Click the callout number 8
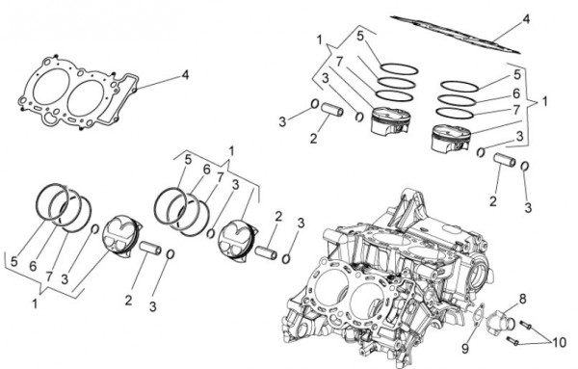pyautogui.click(x=523, y=300)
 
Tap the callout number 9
pyautogui.click(x=465, y=348)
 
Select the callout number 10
pyautogui.click(x=559, y=343)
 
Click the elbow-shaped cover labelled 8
pyautogui.click(x=499, y=323)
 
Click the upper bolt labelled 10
pyautogui.click(x=526, y=325)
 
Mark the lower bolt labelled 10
pyautogui.click(x=512, y=341)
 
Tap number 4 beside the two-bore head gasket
pyautogui.click(x=185, y=75)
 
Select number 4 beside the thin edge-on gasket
pyautogui.click(x=526, y=19)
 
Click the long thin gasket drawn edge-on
pyautogui.click(x=456, y=35)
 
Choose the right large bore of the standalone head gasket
pyautogui.click(x=87, y=97)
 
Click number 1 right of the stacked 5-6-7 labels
pyautogui.click(x=544, y=101)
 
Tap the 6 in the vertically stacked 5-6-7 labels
pyautogui.click(x=516, y=93)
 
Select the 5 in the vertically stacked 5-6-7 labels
pyautogui.click(x=517, y=75)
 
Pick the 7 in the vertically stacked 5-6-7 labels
pyautogui.click(x=516, y=110)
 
